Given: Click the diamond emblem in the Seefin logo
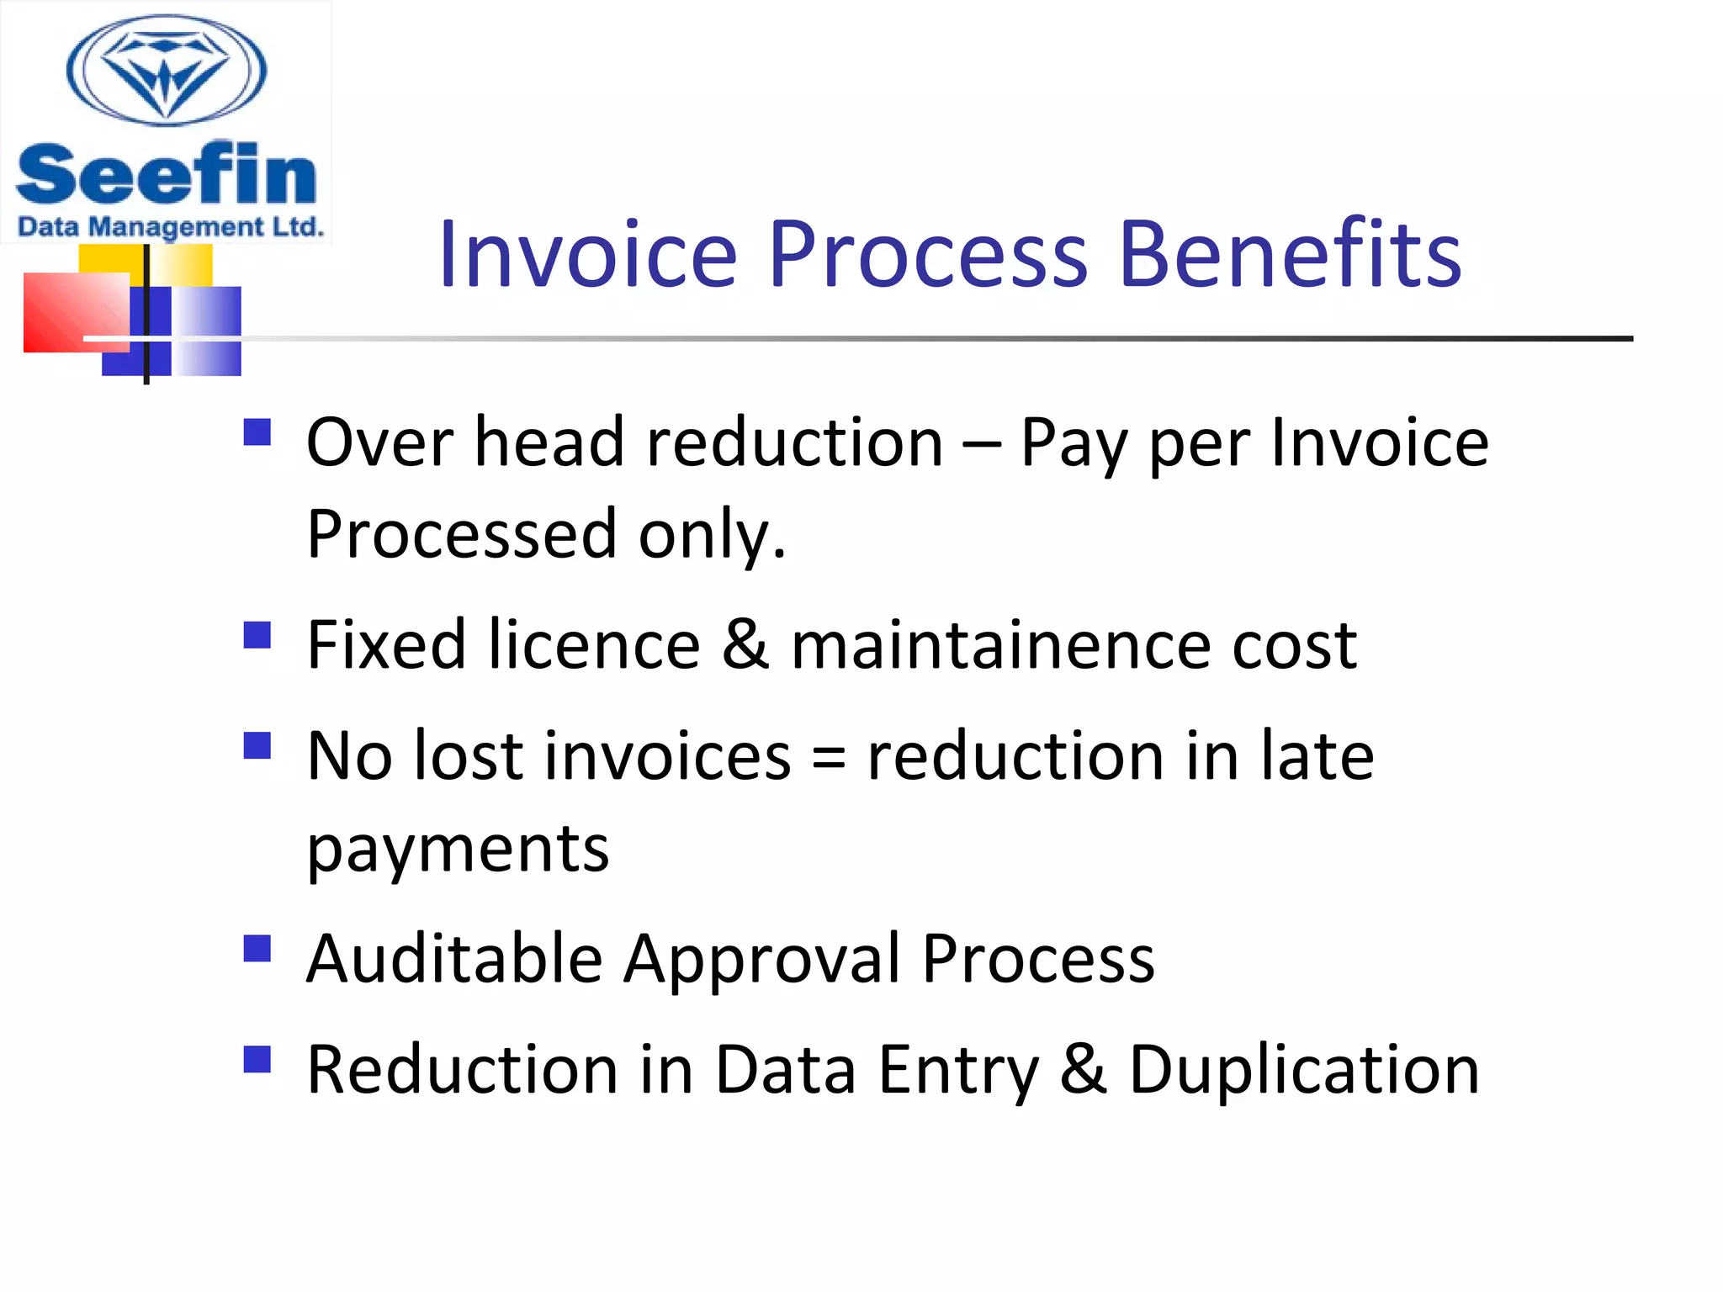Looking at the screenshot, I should coord(167,71).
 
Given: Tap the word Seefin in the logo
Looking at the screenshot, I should coord(166,175).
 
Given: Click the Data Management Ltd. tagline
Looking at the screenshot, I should coord(170,227).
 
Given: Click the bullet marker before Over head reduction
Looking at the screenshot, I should coord(257,432).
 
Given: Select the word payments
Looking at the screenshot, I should coord(458,850).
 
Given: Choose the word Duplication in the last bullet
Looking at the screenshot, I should coord(1303,1070).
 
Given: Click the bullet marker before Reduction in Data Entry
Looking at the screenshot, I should coord(257,1060).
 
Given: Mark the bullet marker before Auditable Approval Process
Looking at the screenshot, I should coord(257,949).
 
